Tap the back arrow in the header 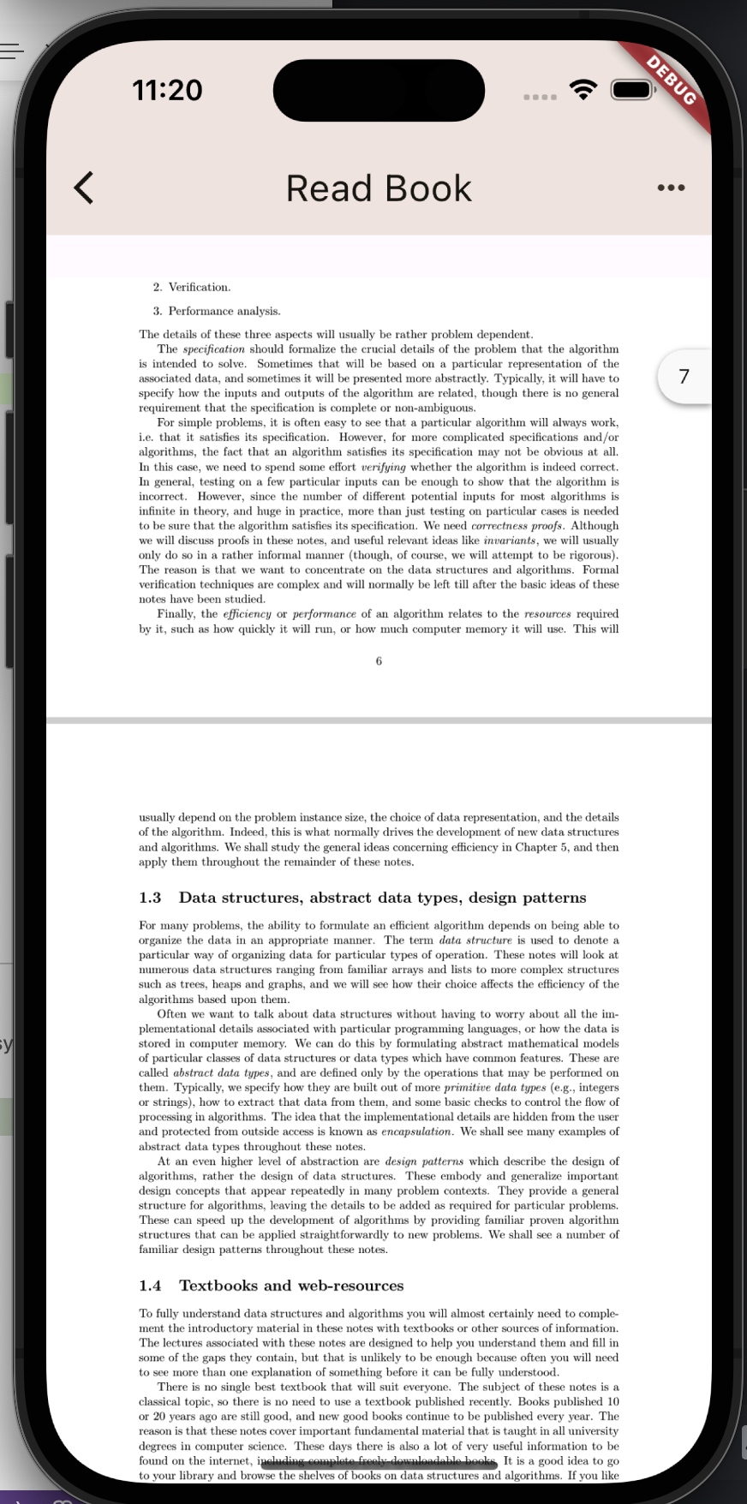pos(84,188)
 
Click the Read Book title pos(379,188)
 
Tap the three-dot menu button pos(671,188)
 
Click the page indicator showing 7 pos(684,376)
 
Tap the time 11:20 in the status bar pos(168,90)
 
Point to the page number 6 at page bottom pos(379,660)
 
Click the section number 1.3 pos(150,898)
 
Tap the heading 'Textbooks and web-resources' pos(291,1286)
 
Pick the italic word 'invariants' pos(510,540)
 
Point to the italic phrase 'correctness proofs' pos(517,526)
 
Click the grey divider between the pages pos(379,720)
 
